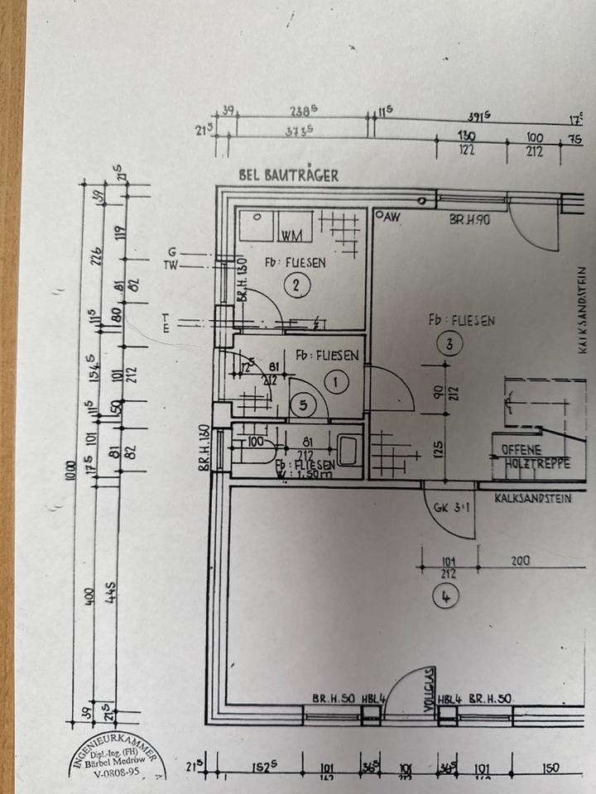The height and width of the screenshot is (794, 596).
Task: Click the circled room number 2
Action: point(296,286)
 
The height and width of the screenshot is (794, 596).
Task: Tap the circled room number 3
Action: point(449,347)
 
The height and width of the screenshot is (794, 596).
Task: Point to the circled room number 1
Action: point(337,381)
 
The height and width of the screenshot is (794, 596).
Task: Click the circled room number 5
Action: point(304,404)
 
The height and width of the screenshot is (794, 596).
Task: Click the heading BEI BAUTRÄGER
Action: point(288,175)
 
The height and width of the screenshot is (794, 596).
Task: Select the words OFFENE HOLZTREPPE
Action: point(536,457)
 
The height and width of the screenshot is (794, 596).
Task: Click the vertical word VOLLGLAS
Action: point(428,686)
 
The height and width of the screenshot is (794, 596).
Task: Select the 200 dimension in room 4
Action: point(520,561)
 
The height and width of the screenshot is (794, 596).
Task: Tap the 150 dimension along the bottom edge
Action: point(551,768)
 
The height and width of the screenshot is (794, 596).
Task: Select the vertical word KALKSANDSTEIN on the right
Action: point(583,311)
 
